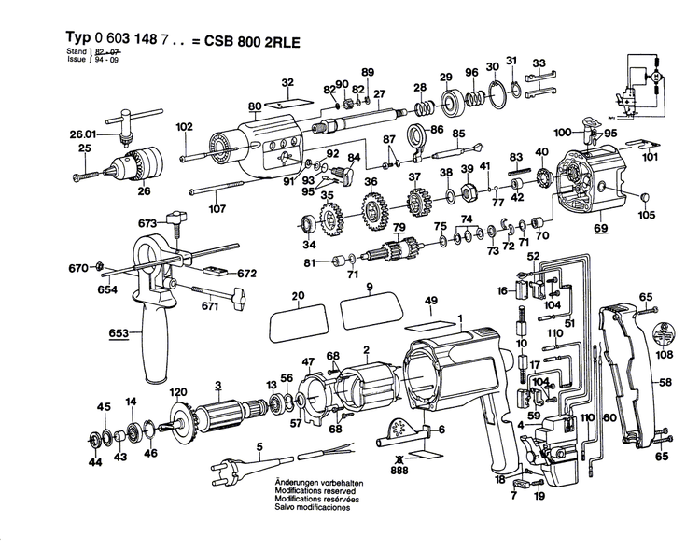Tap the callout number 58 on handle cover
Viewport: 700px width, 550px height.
click(664, 383)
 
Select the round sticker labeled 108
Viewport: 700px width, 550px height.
click(665, 335)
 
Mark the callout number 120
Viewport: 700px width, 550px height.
click(177, 392)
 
